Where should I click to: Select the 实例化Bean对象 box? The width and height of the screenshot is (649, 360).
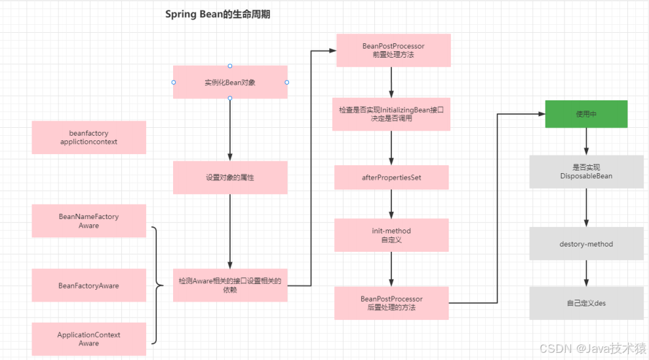(230, 82)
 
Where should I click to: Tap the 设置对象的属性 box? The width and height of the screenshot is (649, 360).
(230, 178)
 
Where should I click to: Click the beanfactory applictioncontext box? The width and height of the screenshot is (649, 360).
(88, 137)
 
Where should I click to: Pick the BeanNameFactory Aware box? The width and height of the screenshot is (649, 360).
(88, 220)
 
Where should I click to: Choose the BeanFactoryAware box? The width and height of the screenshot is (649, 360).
(88, 285)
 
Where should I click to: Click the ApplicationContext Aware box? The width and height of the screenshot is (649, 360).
(88, 339)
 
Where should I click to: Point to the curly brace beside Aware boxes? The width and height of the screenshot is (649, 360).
(156, 285)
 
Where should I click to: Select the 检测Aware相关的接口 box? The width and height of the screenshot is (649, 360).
(230, 285)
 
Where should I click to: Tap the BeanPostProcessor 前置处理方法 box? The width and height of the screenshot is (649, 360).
(393, 50)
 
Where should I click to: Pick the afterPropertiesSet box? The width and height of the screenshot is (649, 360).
(391, 178)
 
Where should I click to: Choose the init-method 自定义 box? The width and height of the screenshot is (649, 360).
(391, 235)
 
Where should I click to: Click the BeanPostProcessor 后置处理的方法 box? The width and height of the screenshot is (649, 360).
(391, 303)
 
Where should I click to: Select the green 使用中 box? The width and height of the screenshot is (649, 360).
(586, 114)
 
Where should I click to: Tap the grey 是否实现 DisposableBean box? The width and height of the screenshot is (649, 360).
(586, 172)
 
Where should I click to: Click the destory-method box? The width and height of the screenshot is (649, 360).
(586, 244)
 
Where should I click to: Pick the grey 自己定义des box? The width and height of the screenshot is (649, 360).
(586, 303)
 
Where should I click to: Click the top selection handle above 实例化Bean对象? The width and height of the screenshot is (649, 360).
(230, 66)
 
